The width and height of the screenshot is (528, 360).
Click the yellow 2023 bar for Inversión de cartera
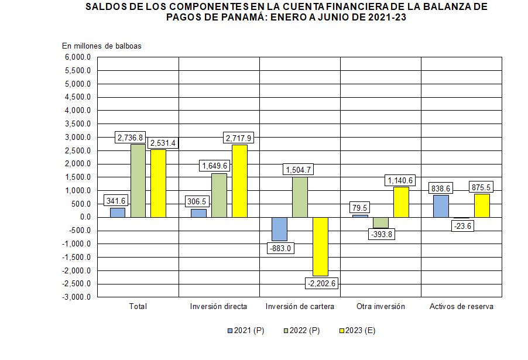[320, 246]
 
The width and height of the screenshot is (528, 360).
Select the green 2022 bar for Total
[138, 180]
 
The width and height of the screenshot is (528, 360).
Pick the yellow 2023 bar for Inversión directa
[239, 181]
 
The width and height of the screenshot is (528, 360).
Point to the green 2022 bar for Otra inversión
[380, 222]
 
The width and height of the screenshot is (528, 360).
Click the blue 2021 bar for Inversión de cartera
[279, 229]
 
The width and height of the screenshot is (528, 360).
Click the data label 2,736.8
[130, 138]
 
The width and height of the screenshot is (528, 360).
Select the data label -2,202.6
[323, 283]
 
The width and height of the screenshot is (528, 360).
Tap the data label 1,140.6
[401, 181]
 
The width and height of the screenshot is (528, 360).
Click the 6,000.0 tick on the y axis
[78, 57]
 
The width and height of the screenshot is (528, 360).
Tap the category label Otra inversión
[380, 307]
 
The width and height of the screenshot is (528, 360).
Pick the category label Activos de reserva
[461, 307]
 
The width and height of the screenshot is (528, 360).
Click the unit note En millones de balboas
[102, 46]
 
